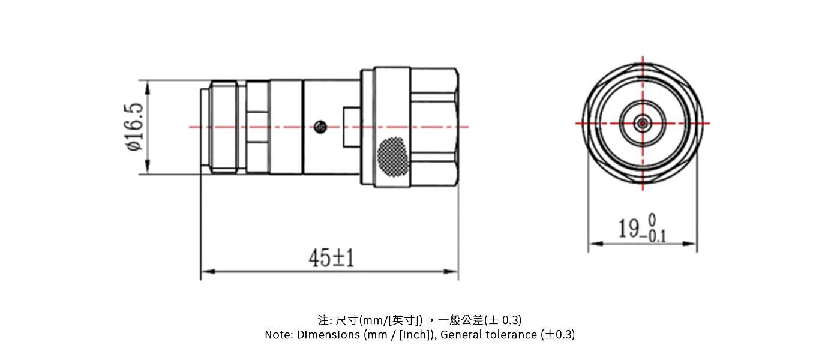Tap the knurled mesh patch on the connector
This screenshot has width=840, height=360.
(392, 158)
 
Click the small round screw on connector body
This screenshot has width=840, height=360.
(320, 127)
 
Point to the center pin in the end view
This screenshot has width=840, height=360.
(643, 123)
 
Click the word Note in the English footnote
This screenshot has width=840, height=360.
(278, 335)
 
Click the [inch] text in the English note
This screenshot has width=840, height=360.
(416, 335)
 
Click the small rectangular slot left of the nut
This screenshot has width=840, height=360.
(351, 127)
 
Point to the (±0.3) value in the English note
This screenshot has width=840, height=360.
(557, 335)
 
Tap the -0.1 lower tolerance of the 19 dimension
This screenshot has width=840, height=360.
(653, 236)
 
